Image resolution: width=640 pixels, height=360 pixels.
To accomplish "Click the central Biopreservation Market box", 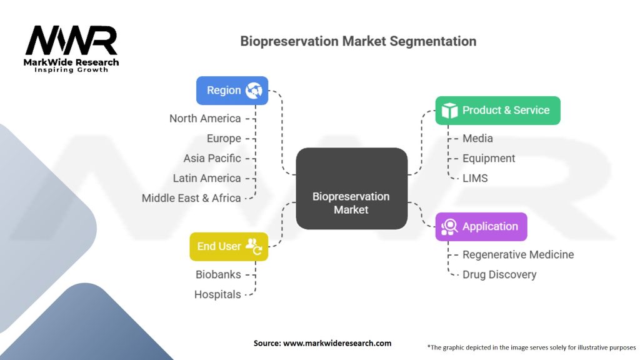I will (351, 188).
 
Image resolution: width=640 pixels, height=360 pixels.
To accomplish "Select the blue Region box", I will (232, 91).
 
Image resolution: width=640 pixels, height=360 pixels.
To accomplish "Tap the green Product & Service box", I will (497, 111).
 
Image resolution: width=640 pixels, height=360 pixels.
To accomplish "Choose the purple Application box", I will (481, 226).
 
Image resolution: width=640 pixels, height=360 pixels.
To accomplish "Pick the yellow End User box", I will (228, 246).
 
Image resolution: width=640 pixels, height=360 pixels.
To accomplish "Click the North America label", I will (205, 118).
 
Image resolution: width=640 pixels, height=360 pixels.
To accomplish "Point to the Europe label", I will (224, 138).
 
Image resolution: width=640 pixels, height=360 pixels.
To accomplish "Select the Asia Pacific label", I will (212, 158).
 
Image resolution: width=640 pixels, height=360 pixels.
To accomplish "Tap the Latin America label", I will (207, 178).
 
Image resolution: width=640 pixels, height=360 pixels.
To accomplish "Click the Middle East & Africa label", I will (191, 198).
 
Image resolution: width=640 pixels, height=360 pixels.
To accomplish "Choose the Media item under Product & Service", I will (477, 138).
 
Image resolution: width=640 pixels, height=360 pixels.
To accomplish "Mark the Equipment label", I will (489, 158).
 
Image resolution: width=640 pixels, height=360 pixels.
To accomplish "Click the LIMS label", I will (475, 178).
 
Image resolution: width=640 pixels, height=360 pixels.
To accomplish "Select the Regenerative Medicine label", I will (518, 254).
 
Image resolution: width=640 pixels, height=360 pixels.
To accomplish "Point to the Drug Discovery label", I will (499, 274).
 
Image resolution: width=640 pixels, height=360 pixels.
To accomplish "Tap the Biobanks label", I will (218, 274).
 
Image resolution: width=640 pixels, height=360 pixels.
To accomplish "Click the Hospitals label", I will (217, 294).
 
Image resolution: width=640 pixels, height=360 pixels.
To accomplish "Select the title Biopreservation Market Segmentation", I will (358, 41).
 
